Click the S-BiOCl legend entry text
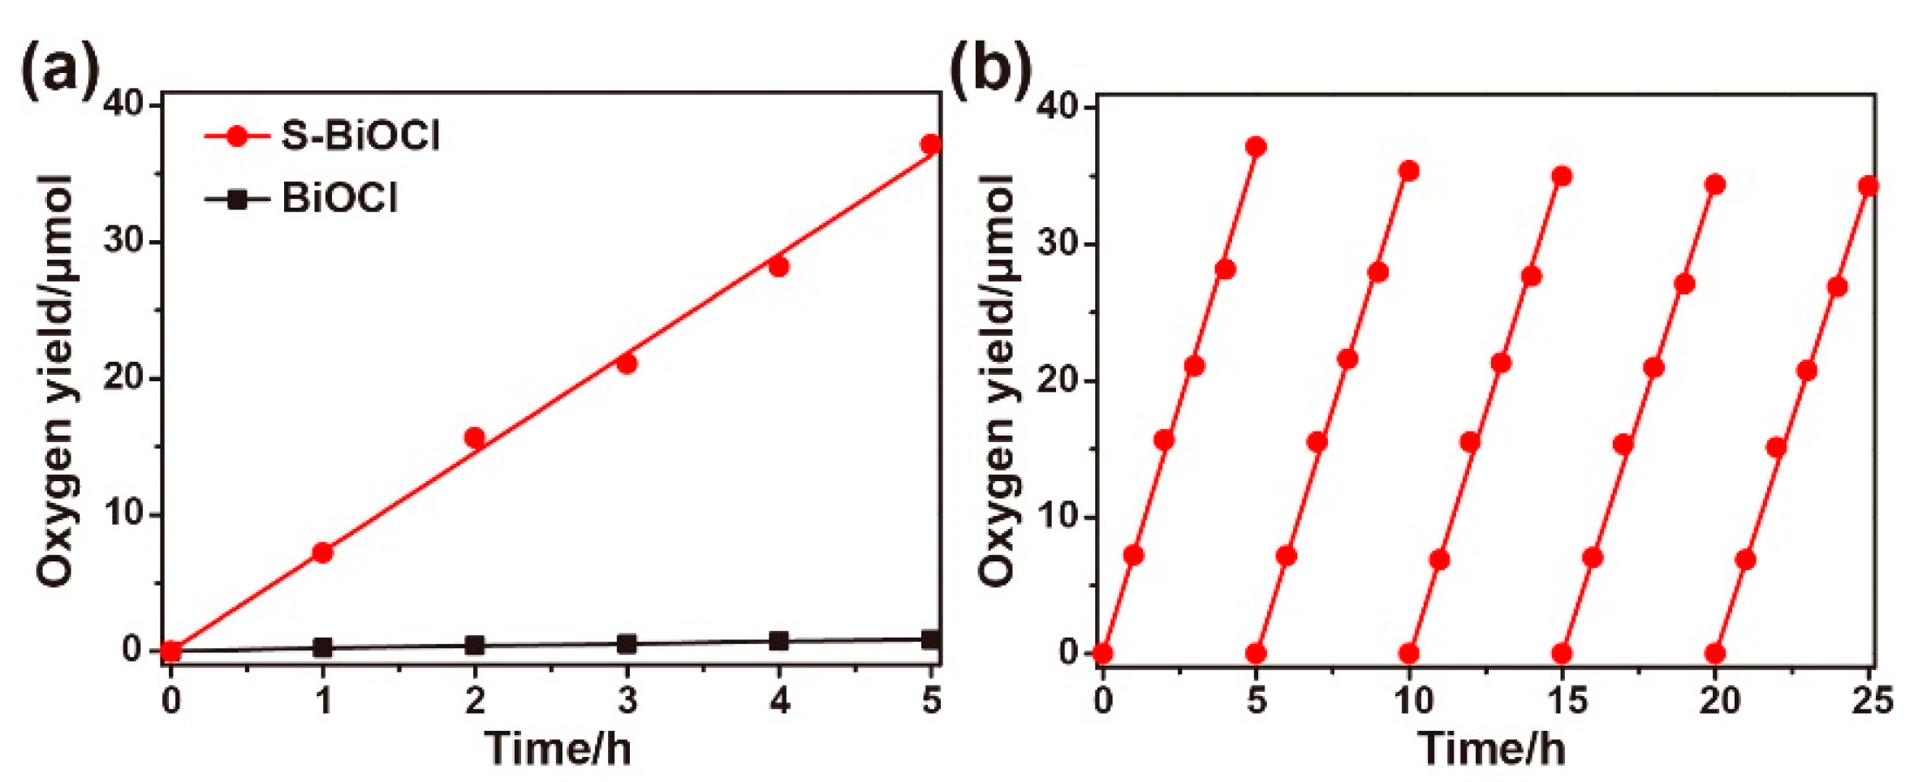pyautogui.click(x=360, y=135)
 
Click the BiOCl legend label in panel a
pyautogui.click(x=339, y=198)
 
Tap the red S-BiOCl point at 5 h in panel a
pyautogui.click(x=931, y=144)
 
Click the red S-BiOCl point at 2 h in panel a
pyautogui.click(x=475, y=438)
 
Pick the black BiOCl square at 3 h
pyautogui.click(x=627, y=644)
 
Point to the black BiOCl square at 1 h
pyautogui.click(x=323, y=647)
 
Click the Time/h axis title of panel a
pyautogui.click(x=558, y=747)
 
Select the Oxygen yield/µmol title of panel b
pyautogui.click(x=997, y=379)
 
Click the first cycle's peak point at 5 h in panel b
pyautogui.click(x=1256, y=147)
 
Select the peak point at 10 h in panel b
pyautogui.click(x=1409, y=171)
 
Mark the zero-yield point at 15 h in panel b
pyautogui.click(x=1562, y=653)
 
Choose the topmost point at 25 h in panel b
pyautogui.click(x=1869, y=187)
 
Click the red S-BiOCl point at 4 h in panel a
pyautogui.click(x=779, y=266)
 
